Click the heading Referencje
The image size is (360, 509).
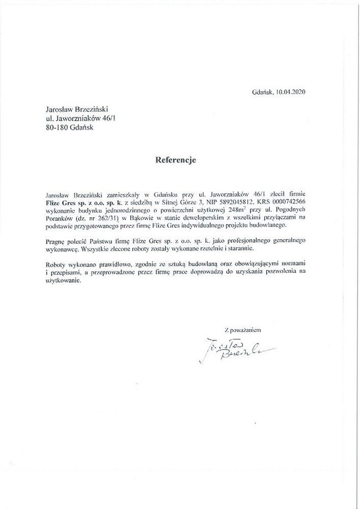click(175, 159)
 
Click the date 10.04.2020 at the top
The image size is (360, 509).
click(292, 93)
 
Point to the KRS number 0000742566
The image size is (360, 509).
click(287, 201)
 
